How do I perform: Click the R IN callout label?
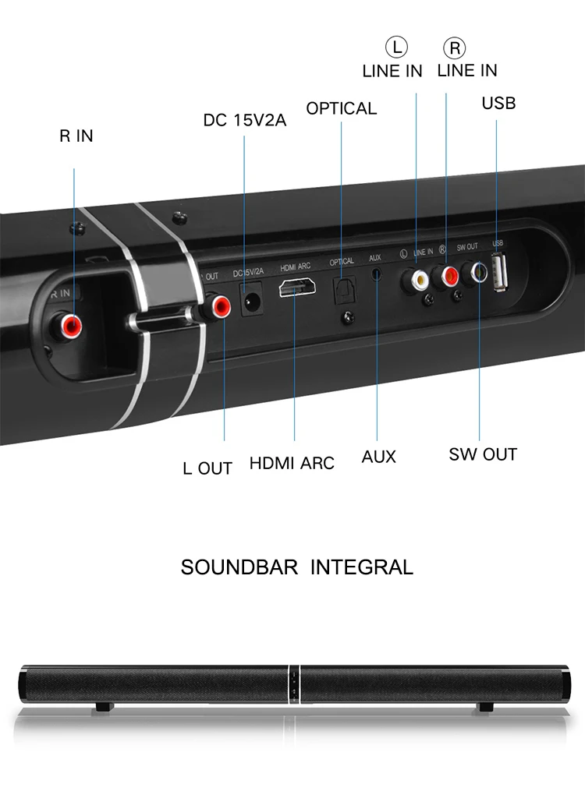[76, 136]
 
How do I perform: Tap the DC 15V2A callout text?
[244, 121]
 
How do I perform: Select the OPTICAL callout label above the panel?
[341, 108]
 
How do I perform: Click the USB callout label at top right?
[498, 103]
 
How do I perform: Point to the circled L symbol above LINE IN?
[398, 48]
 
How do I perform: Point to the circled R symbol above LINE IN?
[454, 48]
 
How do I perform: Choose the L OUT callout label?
[207, 468]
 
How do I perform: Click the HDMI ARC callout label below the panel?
[292, 463]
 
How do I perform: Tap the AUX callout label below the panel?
[378, 457]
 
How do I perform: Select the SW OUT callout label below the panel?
[483, 454]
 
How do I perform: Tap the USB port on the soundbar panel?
[499, 274]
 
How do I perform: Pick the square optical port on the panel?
[343, 291]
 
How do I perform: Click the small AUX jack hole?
[378, 275]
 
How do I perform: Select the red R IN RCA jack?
[74, 322]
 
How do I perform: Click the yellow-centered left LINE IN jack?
[416, 277]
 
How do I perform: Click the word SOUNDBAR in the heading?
[239, 567]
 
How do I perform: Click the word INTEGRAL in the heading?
[362, 567]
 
